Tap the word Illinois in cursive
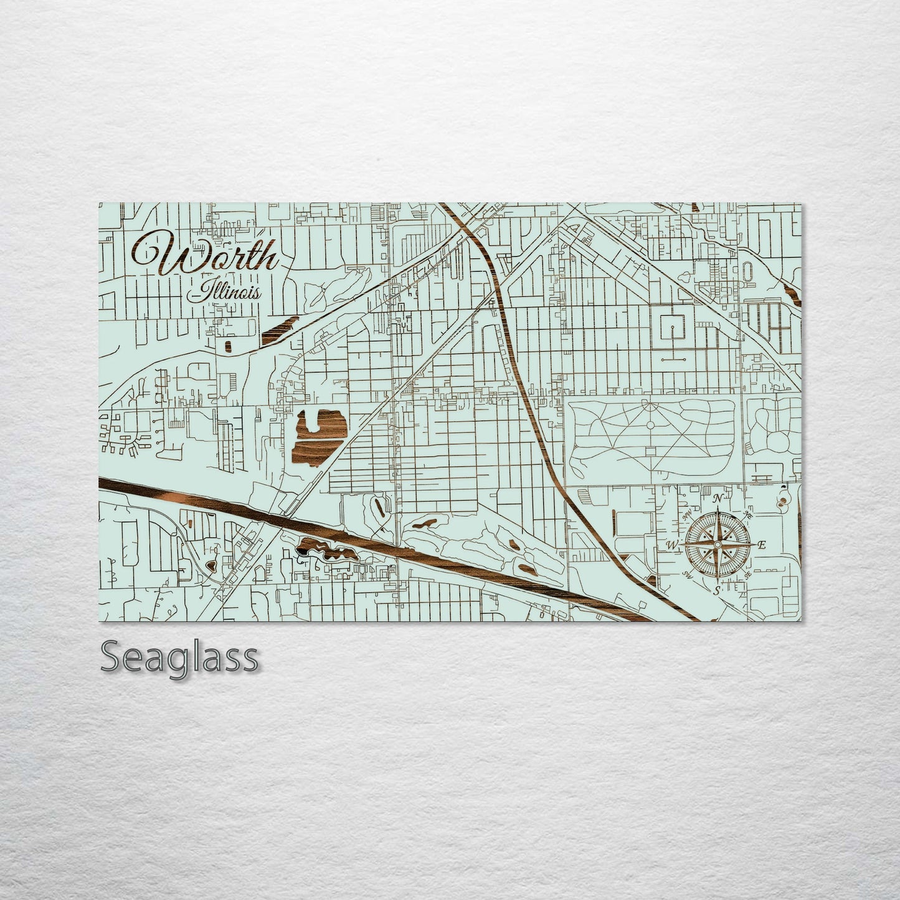pyautogui.click(x=227, y=291)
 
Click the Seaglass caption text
pyautogui.click(x=179, y=657)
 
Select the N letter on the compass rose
pyautogui.click(x=718, y=498)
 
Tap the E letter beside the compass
pyautogui.click(x=760, y=545)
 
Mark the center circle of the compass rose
pyautogui.click(x=718, y=544)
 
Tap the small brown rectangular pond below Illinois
pyautogui.click(x=227, y=346)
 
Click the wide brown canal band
pyautogui.click(x=374, y=536)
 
